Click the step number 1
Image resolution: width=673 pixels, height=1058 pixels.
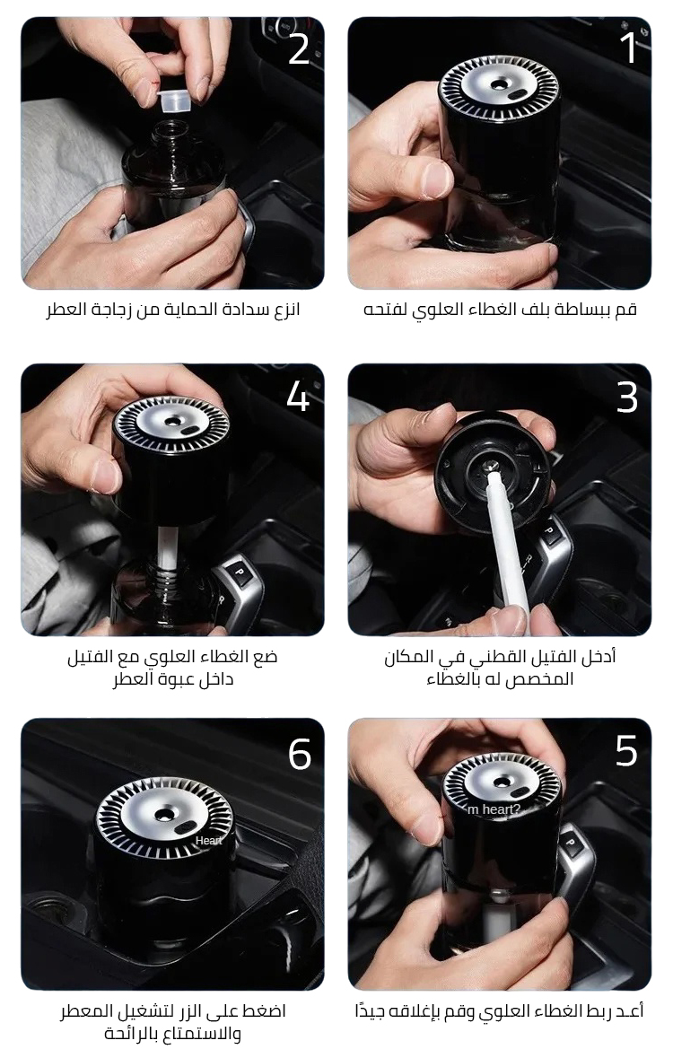click(x=628, y=48)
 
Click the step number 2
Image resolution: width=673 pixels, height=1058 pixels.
click(x=298, y=48)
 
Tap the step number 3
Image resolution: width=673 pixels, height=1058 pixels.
click(x=627, y=398)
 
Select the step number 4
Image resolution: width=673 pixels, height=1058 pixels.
click(x=298, y=397)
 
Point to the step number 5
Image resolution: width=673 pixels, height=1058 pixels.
click(x=626, y=750)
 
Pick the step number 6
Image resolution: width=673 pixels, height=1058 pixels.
click(x=300, y=754)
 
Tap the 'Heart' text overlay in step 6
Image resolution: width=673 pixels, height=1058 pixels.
click(x=208, y=840)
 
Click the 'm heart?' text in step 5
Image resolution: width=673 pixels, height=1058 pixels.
click(x=494, y=809)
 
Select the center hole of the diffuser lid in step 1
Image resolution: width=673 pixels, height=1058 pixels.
click(x=499, y=85)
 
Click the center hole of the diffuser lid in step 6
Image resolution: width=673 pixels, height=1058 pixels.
click(x=164, y=815)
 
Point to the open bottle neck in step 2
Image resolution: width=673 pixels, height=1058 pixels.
click(x=170, y=129)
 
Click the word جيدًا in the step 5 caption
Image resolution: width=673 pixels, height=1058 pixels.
click(x=371, y=1010)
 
